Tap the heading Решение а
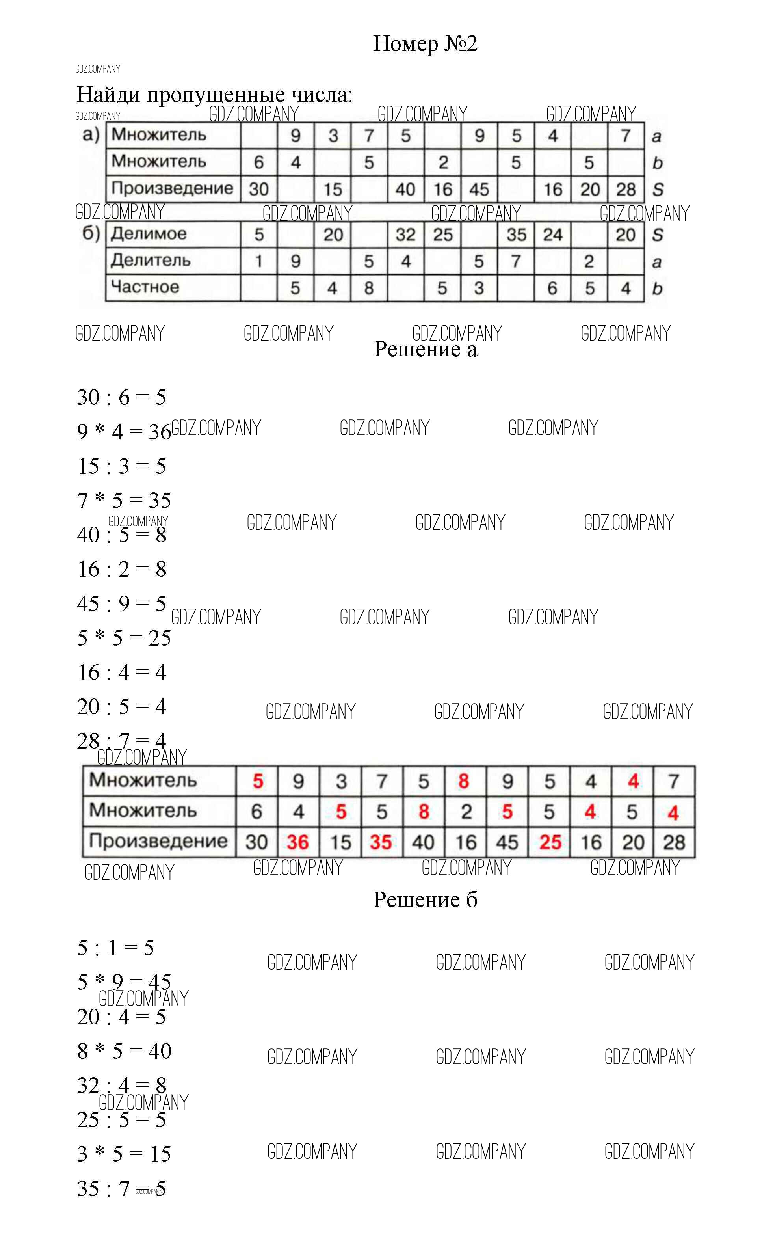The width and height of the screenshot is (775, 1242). (426, 349)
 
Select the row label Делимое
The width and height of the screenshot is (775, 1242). (149, 234)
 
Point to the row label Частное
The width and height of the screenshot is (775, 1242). (145, 287)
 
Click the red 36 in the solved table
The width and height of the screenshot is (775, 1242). (297, 842)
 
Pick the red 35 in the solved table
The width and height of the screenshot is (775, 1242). (381, 842)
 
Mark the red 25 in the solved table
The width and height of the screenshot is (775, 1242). (550, 842)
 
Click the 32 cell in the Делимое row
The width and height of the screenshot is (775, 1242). (405, 235)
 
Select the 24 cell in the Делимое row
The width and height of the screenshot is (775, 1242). (552, 235)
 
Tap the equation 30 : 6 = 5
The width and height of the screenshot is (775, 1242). (121, 397)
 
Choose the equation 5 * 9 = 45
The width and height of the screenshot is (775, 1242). (124, 982)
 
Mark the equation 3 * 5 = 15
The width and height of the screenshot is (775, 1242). (124, 1154)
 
